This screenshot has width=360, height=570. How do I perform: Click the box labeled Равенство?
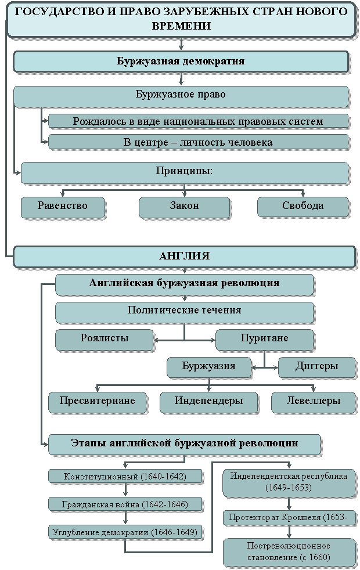[63, 207]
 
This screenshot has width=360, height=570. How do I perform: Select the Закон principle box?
[185, 207]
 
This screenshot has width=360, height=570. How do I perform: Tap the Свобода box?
[303, 207]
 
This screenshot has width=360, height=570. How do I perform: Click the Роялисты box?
[105, 340]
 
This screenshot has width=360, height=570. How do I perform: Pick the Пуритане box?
[264, 340]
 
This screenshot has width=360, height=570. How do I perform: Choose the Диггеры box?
[316, 367]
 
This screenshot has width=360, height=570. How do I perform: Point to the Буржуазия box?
[209, 367]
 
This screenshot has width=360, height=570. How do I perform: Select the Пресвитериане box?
[98, 402]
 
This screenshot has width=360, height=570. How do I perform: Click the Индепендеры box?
[208, 402]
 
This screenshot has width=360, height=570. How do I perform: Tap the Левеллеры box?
[314, 402]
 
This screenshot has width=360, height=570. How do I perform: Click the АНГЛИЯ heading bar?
[185, 257]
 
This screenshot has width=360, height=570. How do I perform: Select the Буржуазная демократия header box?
[181, 62]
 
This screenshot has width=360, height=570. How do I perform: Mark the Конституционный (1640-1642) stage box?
[125, 476]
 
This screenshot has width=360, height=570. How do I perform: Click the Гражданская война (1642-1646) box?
[125, 504]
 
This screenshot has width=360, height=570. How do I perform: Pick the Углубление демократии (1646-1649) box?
[125, 532]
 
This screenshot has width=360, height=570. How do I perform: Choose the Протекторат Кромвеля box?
[289, 518]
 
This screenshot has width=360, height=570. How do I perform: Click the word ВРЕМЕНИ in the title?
[181, 26]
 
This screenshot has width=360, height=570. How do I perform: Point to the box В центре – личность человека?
[199, 142]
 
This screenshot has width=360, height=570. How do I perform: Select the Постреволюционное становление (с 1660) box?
[289, 552]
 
